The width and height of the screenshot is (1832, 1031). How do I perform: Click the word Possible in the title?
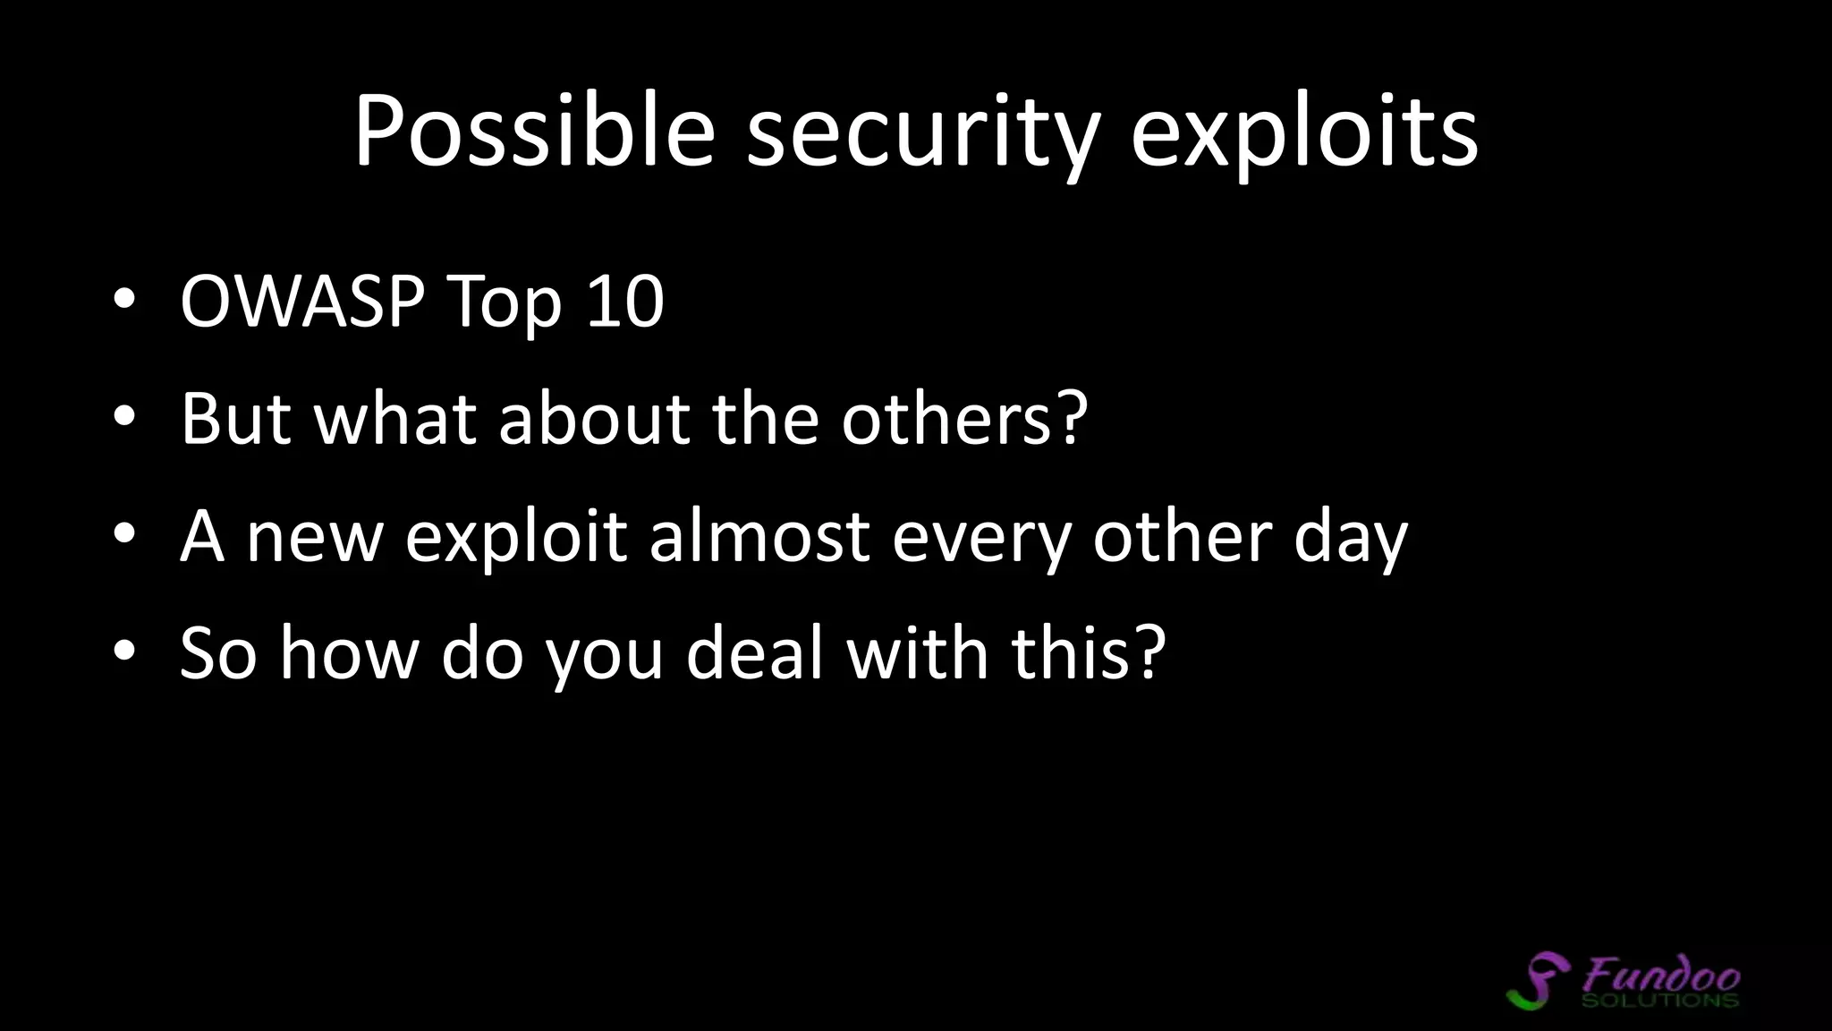click(x=534, y=132)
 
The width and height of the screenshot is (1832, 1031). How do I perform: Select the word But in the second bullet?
click(x=235, y=418)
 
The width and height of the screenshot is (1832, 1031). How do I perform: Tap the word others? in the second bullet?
click(x=964, y=418)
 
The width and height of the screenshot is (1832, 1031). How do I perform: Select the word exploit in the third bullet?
click(x=515, y=540)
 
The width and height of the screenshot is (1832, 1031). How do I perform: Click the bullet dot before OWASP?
click(x=124, y=302)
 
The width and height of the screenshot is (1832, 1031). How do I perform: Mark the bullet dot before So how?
click(x=124, y=654)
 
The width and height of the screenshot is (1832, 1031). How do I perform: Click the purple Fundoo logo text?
click(x=1661, y=973)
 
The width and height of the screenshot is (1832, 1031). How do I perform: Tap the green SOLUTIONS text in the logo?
click(x=1659, y=999)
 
